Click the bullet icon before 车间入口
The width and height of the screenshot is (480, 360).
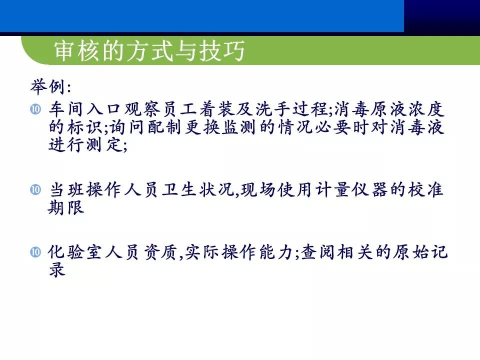[x=35, y=108]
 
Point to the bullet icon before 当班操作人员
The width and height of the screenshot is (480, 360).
[x=35, y=189]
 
